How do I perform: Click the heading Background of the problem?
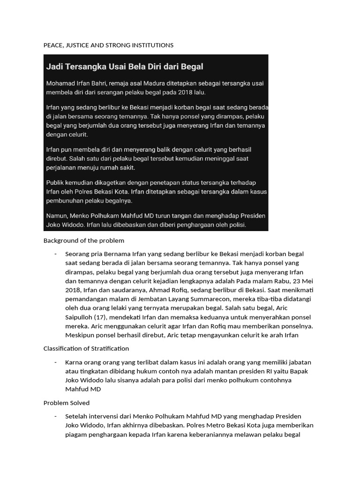point(83,240)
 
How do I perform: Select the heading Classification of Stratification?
point(86,348)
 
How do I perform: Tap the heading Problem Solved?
point(66,403)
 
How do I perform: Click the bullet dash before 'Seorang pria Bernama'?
point(55,254)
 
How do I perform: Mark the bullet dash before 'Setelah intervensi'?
point(55,416)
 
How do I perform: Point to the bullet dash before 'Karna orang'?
point(55,362)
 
